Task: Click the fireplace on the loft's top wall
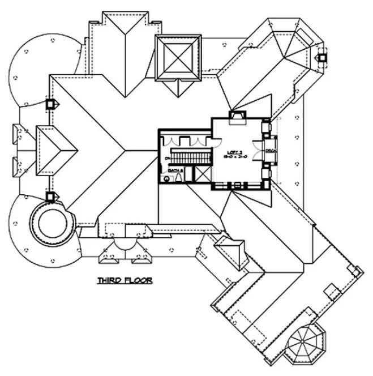(235, 117)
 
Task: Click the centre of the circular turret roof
(52, 221)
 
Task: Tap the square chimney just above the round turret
(50, 196)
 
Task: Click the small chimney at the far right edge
(322, 58)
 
